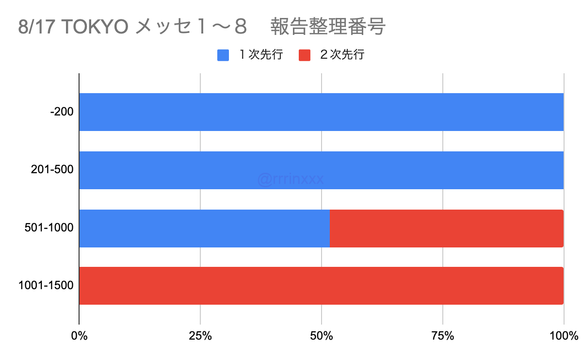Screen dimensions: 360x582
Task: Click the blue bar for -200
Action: [321, 112]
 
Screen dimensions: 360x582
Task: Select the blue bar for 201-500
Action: [321, 170]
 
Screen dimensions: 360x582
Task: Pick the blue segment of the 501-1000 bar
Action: [204, 228]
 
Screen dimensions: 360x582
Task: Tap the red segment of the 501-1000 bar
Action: [446, 228]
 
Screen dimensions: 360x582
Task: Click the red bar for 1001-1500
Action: [321, 286]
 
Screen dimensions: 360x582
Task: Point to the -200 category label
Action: [62, 112]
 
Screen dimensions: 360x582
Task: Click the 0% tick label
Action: [79, 336]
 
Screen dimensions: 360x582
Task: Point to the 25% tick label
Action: [200, 336]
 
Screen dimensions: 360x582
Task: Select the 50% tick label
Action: [322, 336]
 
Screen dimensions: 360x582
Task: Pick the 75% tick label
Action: [443, 336]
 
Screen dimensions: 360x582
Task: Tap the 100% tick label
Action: [564, 336]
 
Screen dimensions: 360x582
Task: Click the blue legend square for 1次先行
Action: [223, 55]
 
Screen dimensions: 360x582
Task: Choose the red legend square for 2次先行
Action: [304, 55]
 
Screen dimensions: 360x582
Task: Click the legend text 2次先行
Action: [342, 55]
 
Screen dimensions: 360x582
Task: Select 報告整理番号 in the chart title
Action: [328, 27]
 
